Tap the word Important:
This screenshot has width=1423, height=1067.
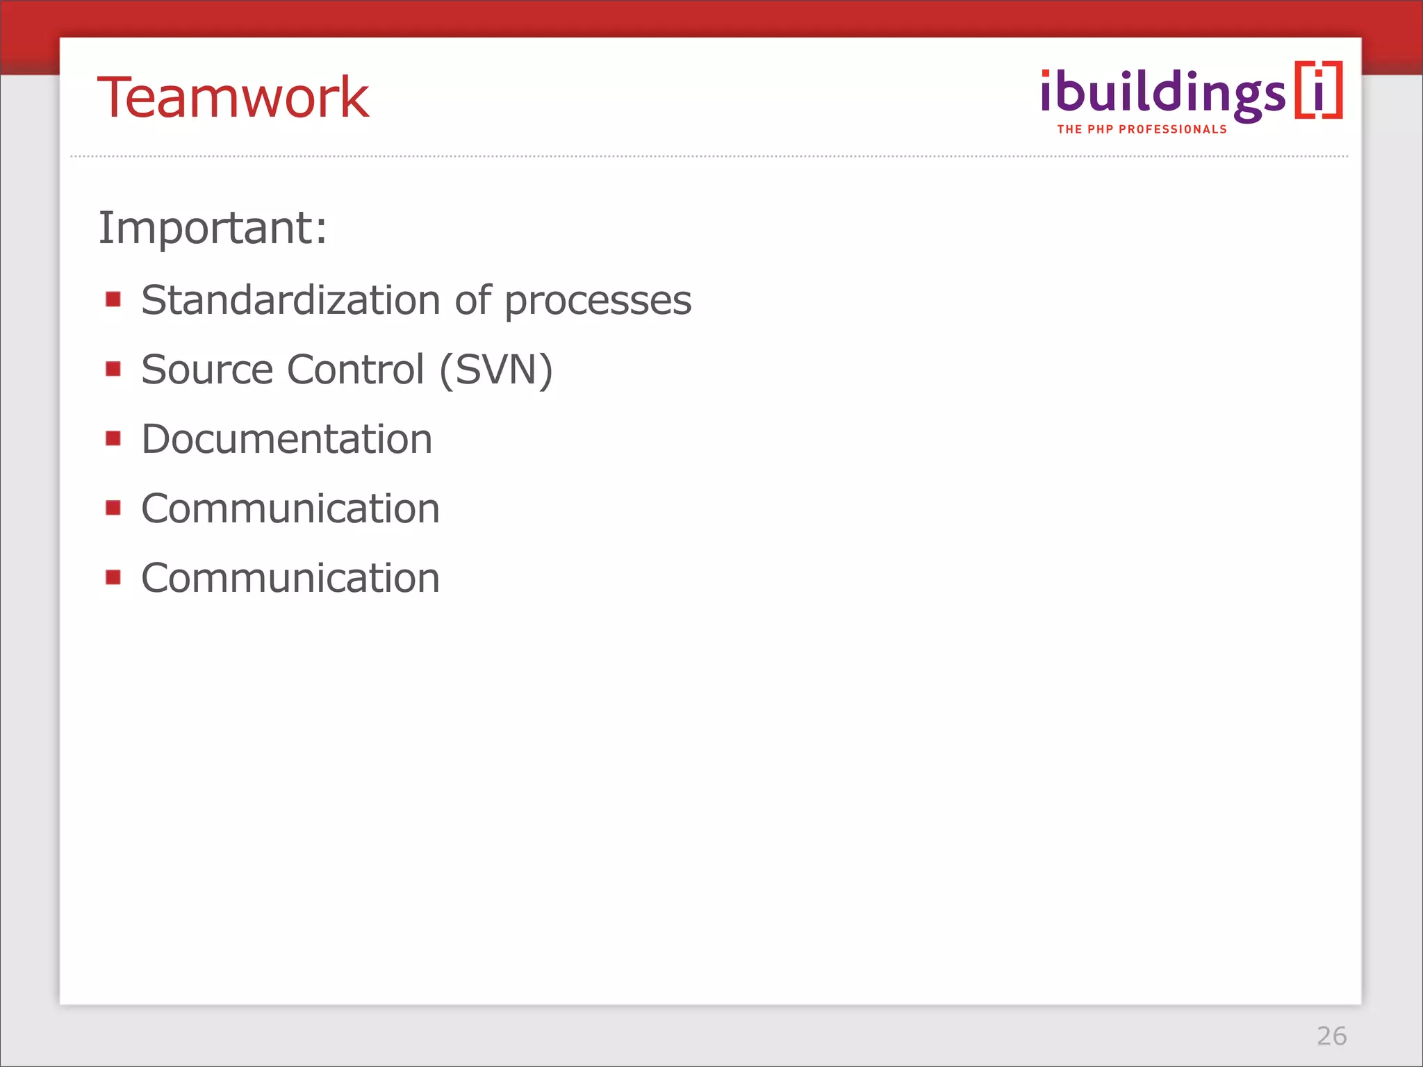(x=213, y=228)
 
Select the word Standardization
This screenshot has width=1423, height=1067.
(x=290, y=300)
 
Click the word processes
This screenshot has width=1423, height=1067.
(x=598, y=301)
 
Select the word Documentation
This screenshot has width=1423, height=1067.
(x=286, y=439)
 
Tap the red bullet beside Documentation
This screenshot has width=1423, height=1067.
(x=113, y=438)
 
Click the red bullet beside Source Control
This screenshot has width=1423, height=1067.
(x=113, y=368)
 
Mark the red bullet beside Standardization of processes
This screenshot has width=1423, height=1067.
(x=113, y=299)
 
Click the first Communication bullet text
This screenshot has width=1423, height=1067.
(x=290, y=508)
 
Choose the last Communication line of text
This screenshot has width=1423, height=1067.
(x=290, y=578)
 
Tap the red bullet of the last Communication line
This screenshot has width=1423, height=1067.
(x=113, y=577)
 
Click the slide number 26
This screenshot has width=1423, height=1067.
(x=1331, y=1036)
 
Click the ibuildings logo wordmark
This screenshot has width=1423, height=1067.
(x=1162, y=94)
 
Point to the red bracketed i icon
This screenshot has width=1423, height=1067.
(x=1318, y=90)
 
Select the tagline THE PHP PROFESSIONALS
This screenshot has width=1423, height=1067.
(x=1142, y=129)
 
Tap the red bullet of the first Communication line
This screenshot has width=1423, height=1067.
(x=113, y=508)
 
